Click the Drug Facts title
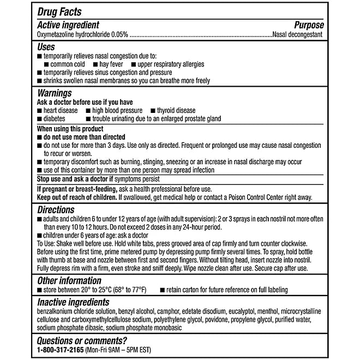(x=60, y=12)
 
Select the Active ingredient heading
(x=68, y=25)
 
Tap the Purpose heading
(x=309, y=25)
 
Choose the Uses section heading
(x=46, y=47)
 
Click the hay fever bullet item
(x=111, y=64)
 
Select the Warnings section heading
(x=55, y=93)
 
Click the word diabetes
(x=55, y=118)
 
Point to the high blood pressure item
(x=117, y=110)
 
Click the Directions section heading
(x=56, y=209)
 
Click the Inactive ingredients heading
(x=73, y=302)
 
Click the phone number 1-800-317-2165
(x=61, y=350)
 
